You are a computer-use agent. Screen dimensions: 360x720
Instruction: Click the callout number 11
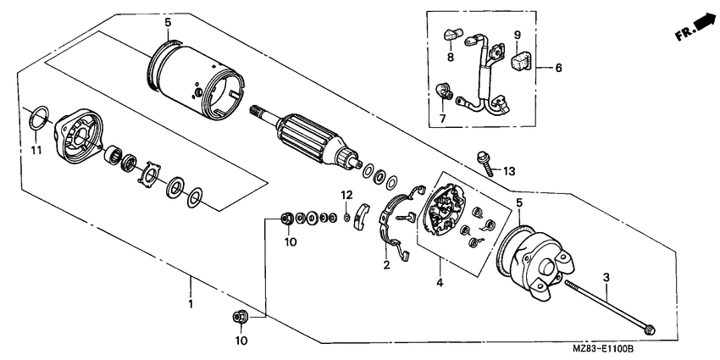[35, 150]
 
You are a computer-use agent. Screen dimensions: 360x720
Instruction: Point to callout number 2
[387, 265]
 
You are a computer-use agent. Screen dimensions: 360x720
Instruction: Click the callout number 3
[606, 277]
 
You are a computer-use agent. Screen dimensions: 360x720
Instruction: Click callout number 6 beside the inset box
[559, 66]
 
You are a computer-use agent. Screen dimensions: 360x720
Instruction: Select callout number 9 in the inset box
[517, 35]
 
